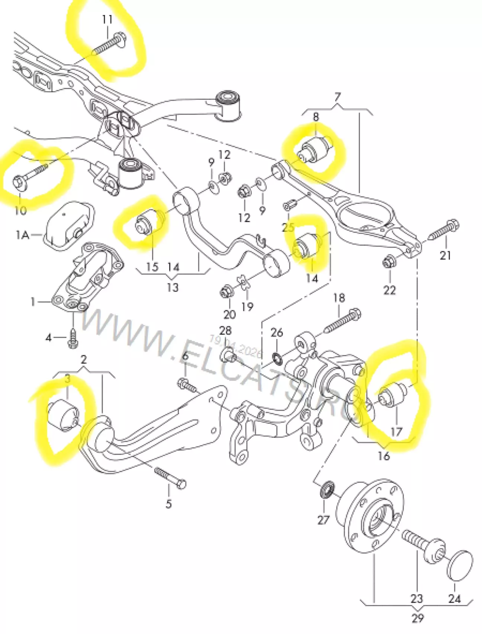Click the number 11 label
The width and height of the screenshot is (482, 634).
[x=107, y=19]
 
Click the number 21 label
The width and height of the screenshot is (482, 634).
[x=445, y=256]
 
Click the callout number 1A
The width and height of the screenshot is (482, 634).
[x=22, y=235]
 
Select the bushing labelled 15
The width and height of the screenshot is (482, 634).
[x=146, y=222]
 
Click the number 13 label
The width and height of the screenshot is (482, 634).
[x=172, y=287]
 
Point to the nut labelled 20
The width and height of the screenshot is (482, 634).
[x=226, y=291]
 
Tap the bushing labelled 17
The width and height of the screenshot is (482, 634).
[x=393, y=396]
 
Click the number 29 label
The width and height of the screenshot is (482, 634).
[x=418, y=618]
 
